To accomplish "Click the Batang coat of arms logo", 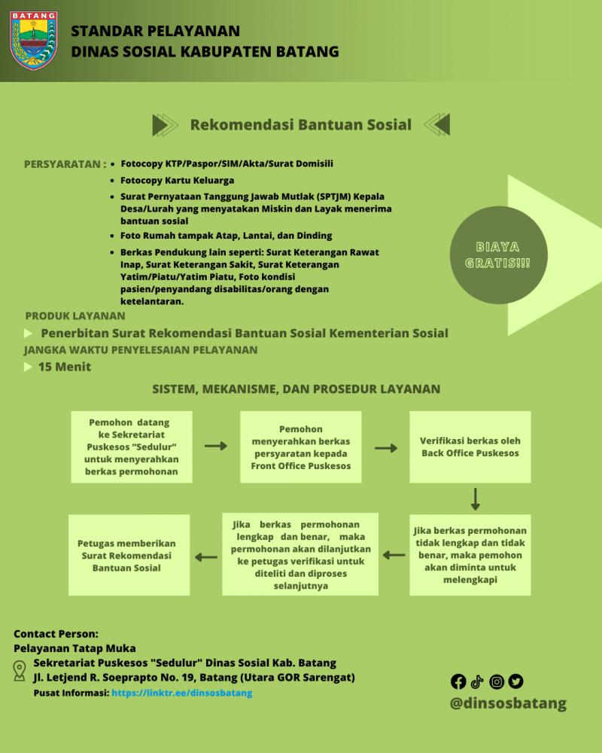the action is click(x=34, y=41).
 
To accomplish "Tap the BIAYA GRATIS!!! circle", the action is click(x=499, y=255).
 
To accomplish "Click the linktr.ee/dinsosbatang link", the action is click(x=182, y=693).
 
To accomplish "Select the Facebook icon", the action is click(x=458, y=681).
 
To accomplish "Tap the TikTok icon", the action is click(x=476, y=681).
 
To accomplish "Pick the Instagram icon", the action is click(x=497, y=681).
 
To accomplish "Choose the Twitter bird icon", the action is click(x=516, y=681).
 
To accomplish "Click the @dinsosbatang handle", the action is click(x=509, y=703).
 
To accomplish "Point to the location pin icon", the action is click(x=20, y=671).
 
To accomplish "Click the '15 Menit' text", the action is click(x=64, y=367).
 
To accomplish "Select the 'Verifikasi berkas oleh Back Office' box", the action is click(x=470, y=447).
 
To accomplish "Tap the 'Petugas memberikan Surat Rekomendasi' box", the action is click(x=129, y=555).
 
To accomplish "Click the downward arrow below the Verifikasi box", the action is click(x=476, y=499).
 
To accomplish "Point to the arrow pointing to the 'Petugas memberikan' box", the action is click(x=206, y=557).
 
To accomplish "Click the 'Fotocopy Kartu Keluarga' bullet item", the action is click(x=177, y=181).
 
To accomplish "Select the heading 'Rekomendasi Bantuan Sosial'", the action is click(x=301, y=125).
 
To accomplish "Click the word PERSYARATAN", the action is click(x=62, y=164).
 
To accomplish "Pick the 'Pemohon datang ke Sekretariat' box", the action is click(x=132, y=447).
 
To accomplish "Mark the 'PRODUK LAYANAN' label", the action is click(x=75, y=316).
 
